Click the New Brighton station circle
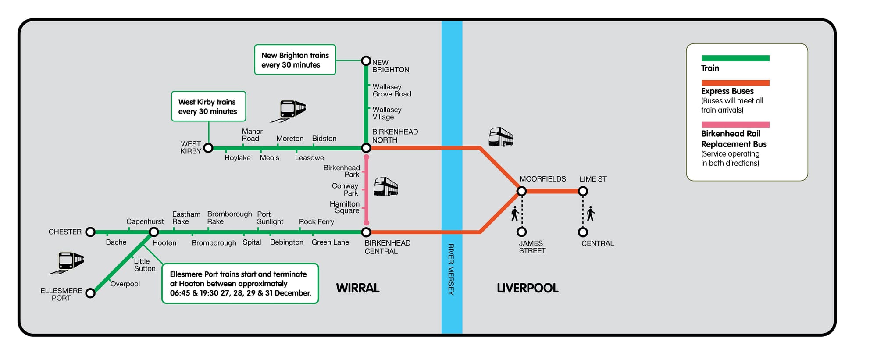point(366,61)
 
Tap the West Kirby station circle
point(209,148)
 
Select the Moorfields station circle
point(521,191)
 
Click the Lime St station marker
point(583,191)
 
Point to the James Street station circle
point(521,232)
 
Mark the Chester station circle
point(90,232)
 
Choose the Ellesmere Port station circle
point(90,293)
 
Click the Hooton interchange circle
point(154,232)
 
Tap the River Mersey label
point(451,269)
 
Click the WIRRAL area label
point(358,288)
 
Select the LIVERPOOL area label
point(528,288)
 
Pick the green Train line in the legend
point(735,58)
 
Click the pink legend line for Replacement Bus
point(735,125)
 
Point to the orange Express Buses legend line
point(735,83)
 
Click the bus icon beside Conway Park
point(386,187)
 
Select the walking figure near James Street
point(515,214)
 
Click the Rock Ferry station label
point(316,222)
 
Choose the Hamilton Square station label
point(345,207)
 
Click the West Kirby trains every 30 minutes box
point(208,107)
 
